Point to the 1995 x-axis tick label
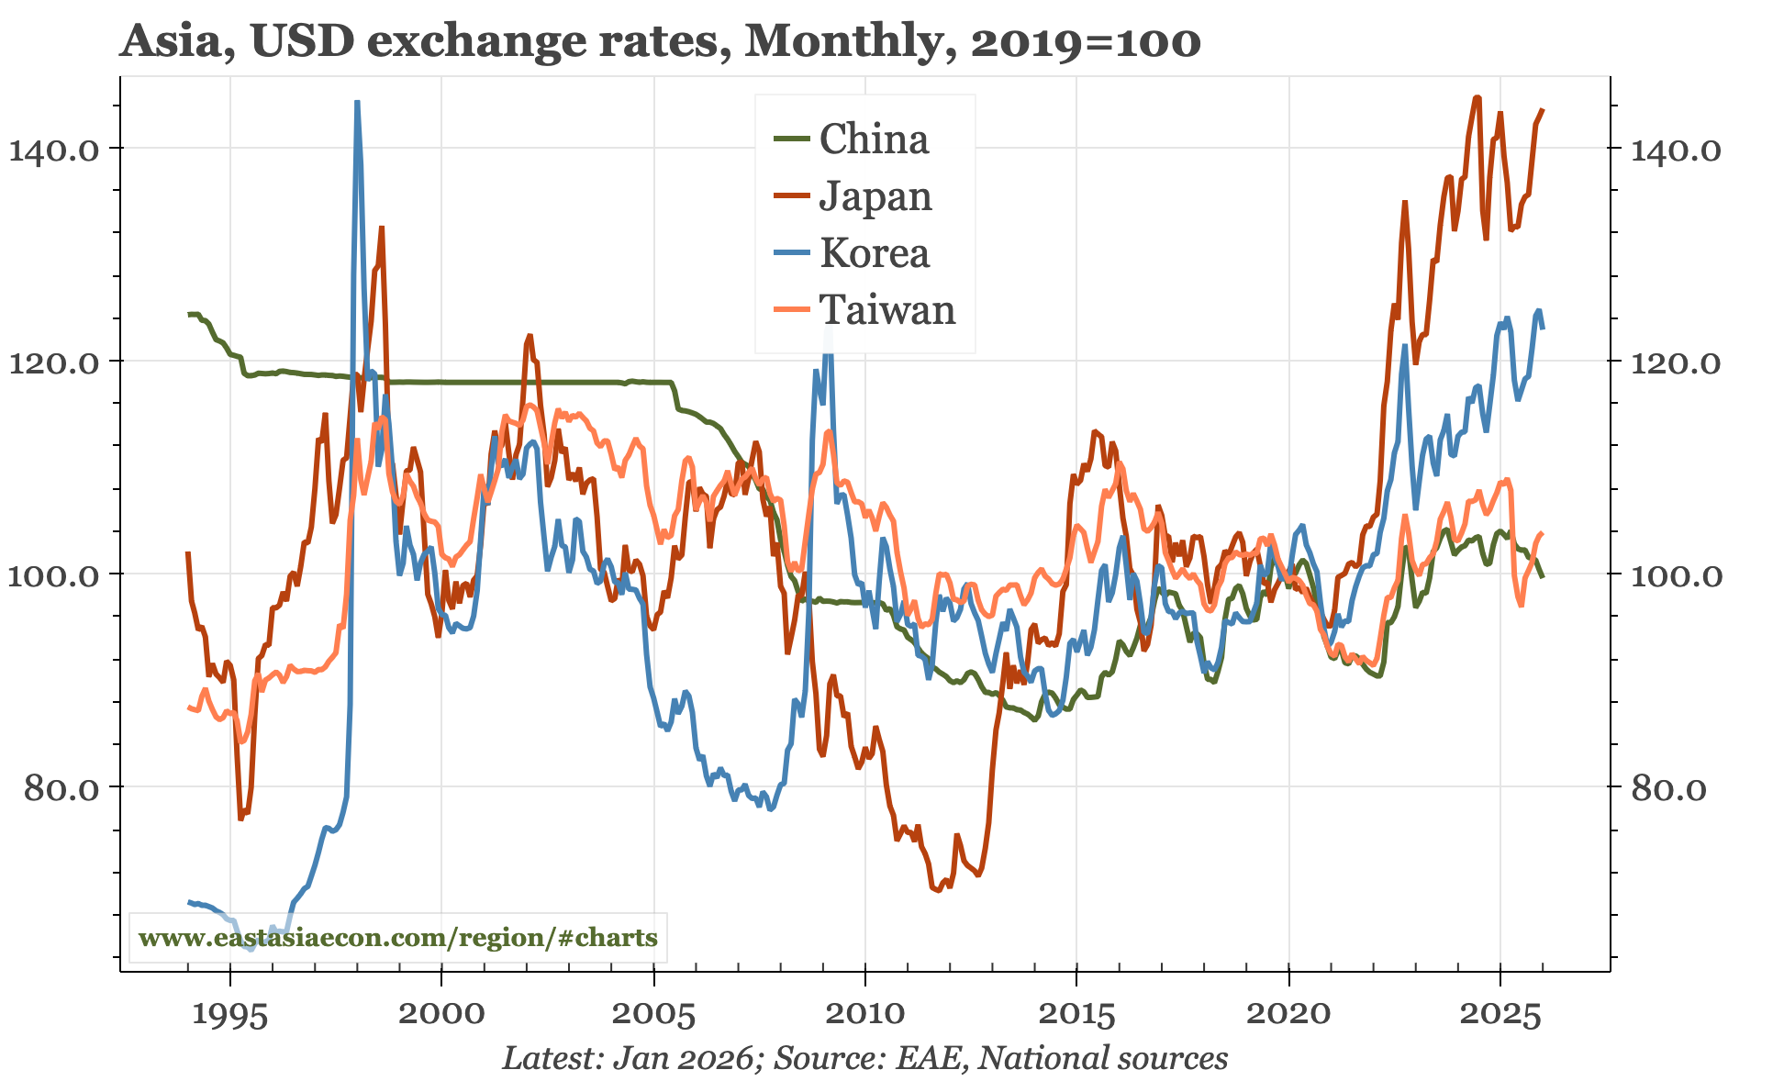coord(229,1014)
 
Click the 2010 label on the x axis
coord(864,1014)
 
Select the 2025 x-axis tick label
coord(1500,1014)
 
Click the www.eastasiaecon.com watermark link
coord(397,938)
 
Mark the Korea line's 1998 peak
coord(357,103)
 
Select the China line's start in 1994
coord(189,315)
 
